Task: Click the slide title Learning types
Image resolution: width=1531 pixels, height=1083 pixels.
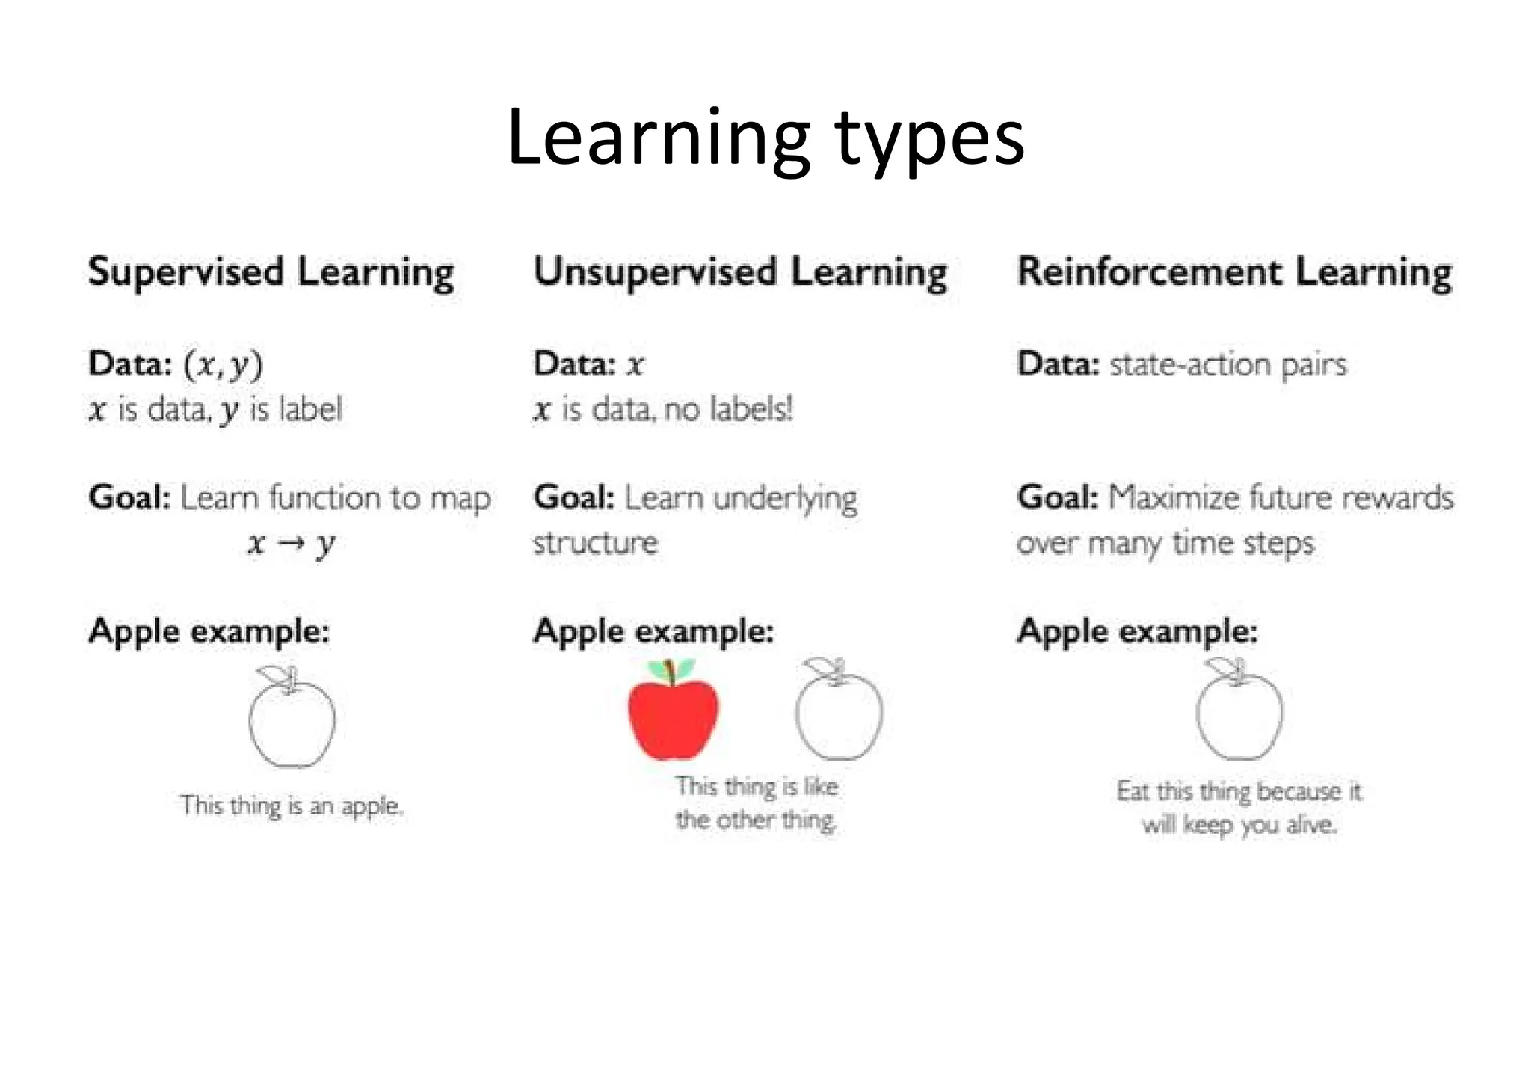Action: pyautogui.click(x=765, y=138)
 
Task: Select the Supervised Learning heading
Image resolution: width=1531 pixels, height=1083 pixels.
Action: pyautogui.click(x=271, y=272)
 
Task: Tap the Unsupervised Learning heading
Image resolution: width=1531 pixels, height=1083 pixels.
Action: pyautogui.click(x=740, y=272)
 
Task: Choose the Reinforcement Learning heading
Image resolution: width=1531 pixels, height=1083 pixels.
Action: pyautogui.click(x=1234, y=272)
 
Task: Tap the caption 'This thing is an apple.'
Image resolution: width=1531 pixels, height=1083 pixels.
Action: pyautogui.click(x=292, y=806)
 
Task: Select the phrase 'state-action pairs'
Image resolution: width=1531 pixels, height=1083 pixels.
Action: pyautogui.click(x=1227, y=365)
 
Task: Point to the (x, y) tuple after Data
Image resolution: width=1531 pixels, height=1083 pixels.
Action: pyautogui.click(x=224, y=365)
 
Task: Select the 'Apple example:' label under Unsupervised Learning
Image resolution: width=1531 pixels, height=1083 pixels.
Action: pyautogui.click(x=653, y=631)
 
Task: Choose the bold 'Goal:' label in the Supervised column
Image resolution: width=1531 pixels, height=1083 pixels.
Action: pyautogui.click(x=130, y=498)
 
